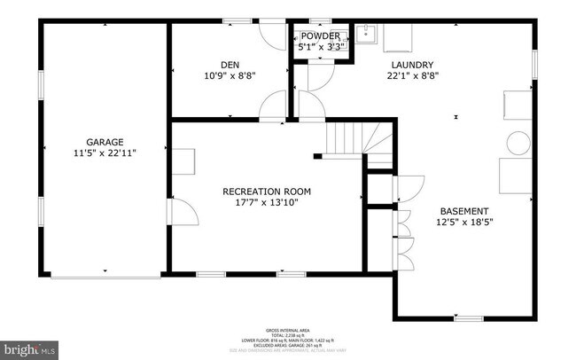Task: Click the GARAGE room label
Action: point(105,141)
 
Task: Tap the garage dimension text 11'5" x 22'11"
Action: point(105,153)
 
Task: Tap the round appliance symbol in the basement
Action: point(517,142)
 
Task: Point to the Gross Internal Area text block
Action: point(288,338)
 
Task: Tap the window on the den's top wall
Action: point(237,21)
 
